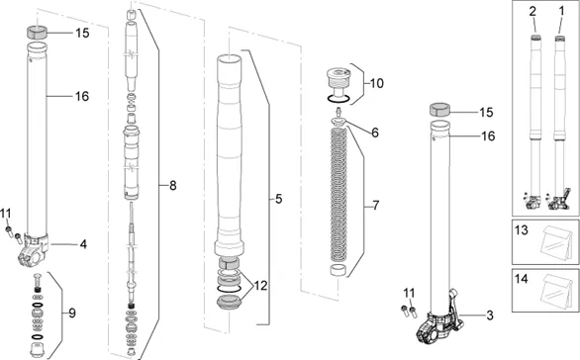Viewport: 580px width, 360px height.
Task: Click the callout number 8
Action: (173, 186)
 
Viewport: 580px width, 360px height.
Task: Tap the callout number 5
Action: (278, 199)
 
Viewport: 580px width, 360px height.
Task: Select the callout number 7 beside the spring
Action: (376, 205)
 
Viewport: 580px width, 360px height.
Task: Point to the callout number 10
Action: (377, 83)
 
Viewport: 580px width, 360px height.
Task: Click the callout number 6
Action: (375, 133)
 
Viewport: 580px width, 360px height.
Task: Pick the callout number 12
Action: (260, 286)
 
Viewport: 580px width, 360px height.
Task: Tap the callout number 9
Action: (72, 314)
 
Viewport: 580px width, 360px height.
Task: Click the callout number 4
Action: (83, 244)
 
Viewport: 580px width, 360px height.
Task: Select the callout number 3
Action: (490, 315)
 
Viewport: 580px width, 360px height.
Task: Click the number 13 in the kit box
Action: (522, 230)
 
